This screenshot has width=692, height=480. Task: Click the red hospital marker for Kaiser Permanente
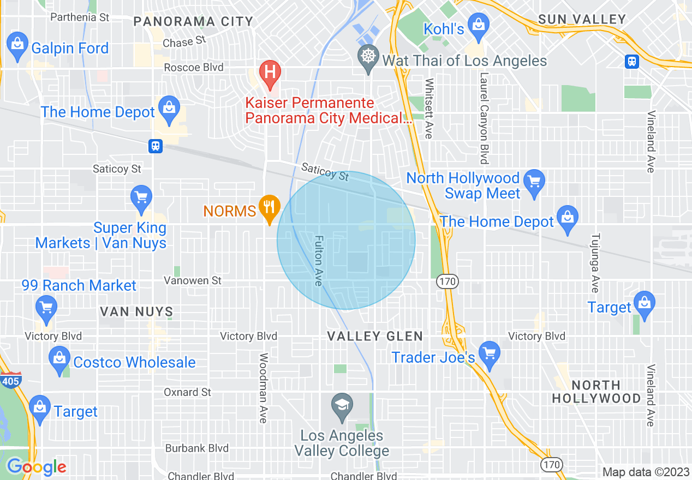click(269, 71)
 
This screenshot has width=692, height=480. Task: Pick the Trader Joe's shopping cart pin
click(489, 353)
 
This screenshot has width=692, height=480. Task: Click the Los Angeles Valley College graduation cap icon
click(342, 406)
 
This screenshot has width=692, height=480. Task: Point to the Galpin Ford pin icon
click(17, 44)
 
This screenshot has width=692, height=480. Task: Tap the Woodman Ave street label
click(263, 388)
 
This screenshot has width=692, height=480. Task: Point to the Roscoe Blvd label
click(194, 68)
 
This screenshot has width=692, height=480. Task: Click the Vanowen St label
click(193, 280)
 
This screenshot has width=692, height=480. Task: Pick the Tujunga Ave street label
click(595, 263)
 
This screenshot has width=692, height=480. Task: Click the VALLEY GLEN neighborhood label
click(375, 336)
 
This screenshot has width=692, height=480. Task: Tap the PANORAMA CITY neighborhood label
click(193, 22)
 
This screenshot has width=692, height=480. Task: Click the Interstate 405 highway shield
click(9, 380)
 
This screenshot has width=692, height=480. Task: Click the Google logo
click(37, 467)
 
